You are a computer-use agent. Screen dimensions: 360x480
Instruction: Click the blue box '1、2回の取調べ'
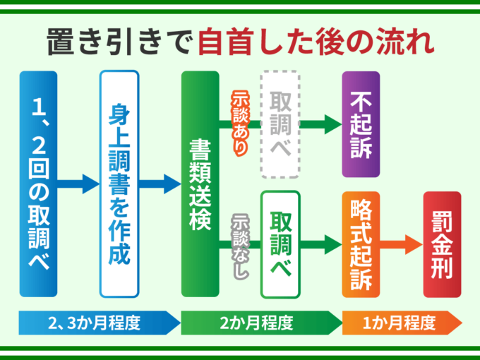(x=38, y=184)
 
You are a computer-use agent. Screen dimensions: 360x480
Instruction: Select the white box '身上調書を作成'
(x=119, y=184)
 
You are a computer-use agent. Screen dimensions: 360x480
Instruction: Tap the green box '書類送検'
(x=200, y=184)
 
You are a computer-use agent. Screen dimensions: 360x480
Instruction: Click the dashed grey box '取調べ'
(x=280, y=124)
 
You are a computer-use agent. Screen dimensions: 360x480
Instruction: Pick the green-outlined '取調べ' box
(x=280, y=244)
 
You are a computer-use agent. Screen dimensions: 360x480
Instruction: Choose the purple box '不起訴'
(x=361, y=124)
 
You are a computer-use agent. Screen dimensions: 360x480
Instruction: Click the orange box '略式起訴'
(x=361, y=244)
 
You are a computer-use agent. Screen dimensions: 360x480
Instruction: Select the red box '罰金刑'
(x=441, y=244)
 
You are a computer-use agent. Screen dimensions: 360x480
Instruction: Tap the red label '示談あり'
(x=239, y=124)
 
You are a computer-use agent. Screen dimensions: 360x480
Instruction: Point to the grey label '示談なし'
(x=239, y=244)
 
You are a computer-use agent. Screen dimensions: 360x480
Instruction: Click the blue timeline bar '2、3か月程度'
(x=99, y=324)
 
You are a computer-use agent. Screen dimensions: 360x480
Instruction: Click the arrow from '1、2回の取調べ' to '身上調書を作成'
(x=78, y=184)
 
